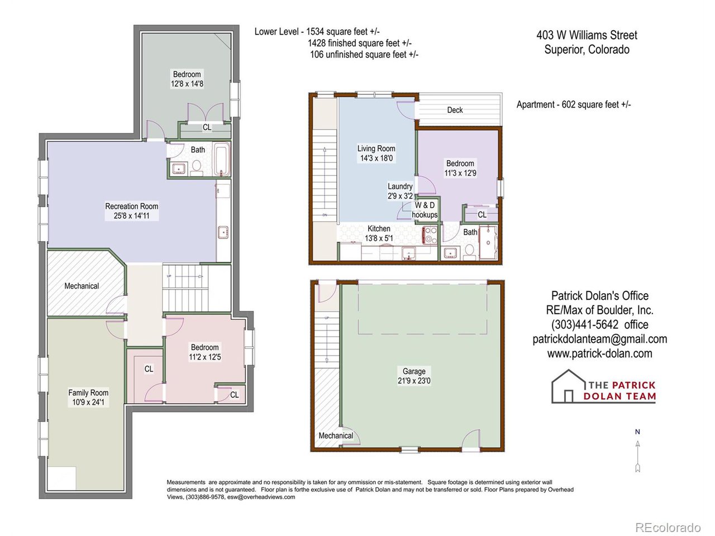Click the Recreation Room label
pos(131,206)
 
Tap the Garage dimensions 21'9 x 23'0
pos(414,381)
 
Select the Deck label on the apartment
pos(455,110)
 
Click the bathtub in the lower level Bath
pos(221,160)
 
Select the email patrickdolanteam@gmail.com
pos(599,339)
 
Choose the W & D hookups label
pos(425,210)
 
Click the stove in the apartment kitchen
pos(430,235)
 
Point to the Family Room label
pos(88,393)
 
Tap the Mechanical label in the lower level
pos(82,286)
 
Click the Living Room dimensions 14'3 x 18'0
pos(376,158)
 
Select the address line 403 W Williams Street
pos(587,35)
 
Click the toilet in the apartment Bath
pos(469,252)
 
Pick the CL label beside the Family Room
pos(149,369)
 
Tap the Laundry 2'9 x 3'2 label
pos(400,191)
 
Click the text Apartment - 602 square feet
pos(573,104)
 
